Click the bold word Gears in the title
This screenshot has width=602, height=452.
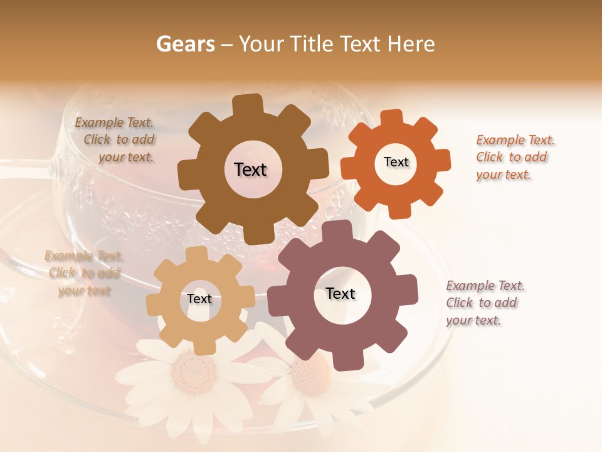[185, 44]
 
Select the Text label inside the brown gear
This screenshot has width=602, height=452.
[250, 169]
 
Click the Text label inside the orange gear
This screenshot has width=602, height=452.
[396, 162]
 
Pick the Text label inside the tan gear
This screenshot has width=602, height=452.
[199, 299]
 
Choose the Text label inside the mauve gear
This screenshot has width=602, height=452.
[341, 293]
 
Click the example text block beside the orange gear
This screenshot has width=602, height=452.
[515, 157]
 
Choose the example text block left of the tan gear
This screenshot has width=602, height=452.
[84, 273]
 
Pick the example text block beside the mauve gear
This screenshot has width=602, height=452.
[485, 303]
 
